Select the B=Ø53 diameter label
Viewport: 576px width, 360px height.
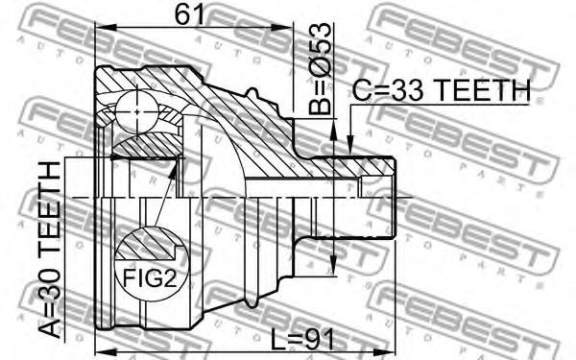pyautogui.click(x=320, y=69)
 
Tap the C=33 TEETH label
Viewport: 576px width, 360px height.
pyautogui.click(x=442, y=90)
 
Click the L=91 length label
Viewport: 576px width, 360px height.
pyautogui.click(x=302, y=339)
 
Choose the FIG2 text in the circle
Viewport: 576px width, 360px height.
pyautogui.click(x=150, y=278)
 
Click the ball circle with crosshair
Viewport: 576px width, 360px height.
pyautogui.click(x=137, y=111)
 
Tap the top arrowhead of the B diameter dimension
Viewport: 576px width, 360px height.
pyautogui.click(x=333, y=130)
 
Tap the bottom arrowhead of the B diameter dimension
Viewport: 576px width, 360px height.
pyautogui.click(x=333, y=265)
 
